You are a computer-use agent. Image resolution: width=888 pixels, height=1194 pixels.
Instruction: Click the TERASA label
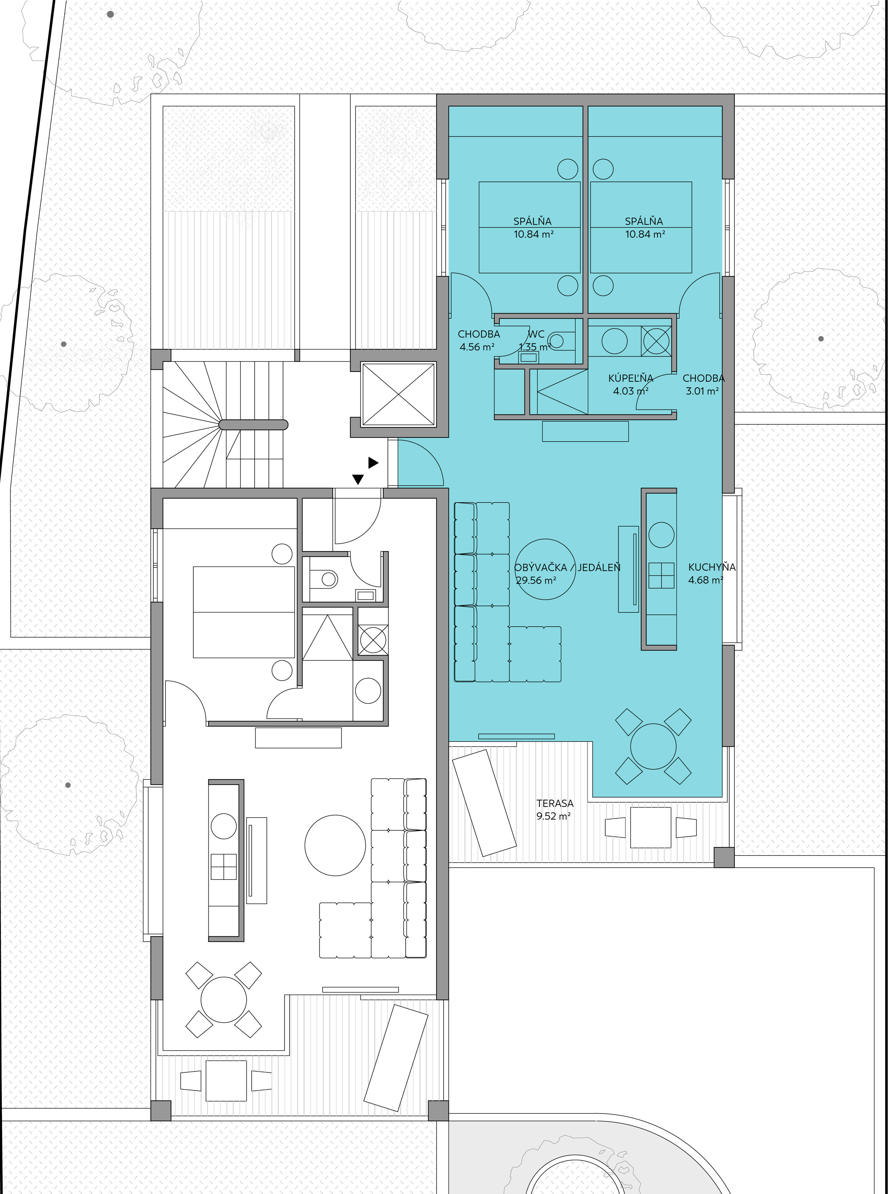555,803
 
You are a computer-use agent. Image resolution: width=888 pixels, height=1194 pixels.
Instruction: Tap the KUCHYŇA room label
712,567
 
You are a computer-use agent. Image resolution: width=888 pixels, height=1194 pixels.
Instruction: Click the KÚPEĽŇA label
630,378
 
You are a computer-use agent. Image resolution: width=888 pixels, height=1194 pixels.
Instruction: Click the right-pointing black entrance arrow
373,462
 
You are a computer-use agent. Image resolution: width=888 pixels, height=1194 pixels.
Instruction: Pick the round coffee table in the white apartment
335,845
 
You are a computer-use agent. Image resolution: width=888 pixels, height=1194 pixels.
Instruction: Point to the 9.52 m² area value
553,816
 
